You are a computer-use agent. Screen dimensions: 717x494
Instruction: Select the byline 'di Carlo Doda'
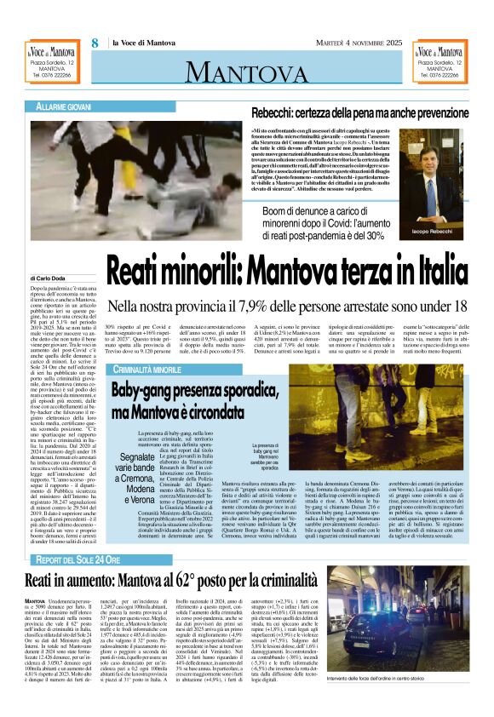51,278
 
